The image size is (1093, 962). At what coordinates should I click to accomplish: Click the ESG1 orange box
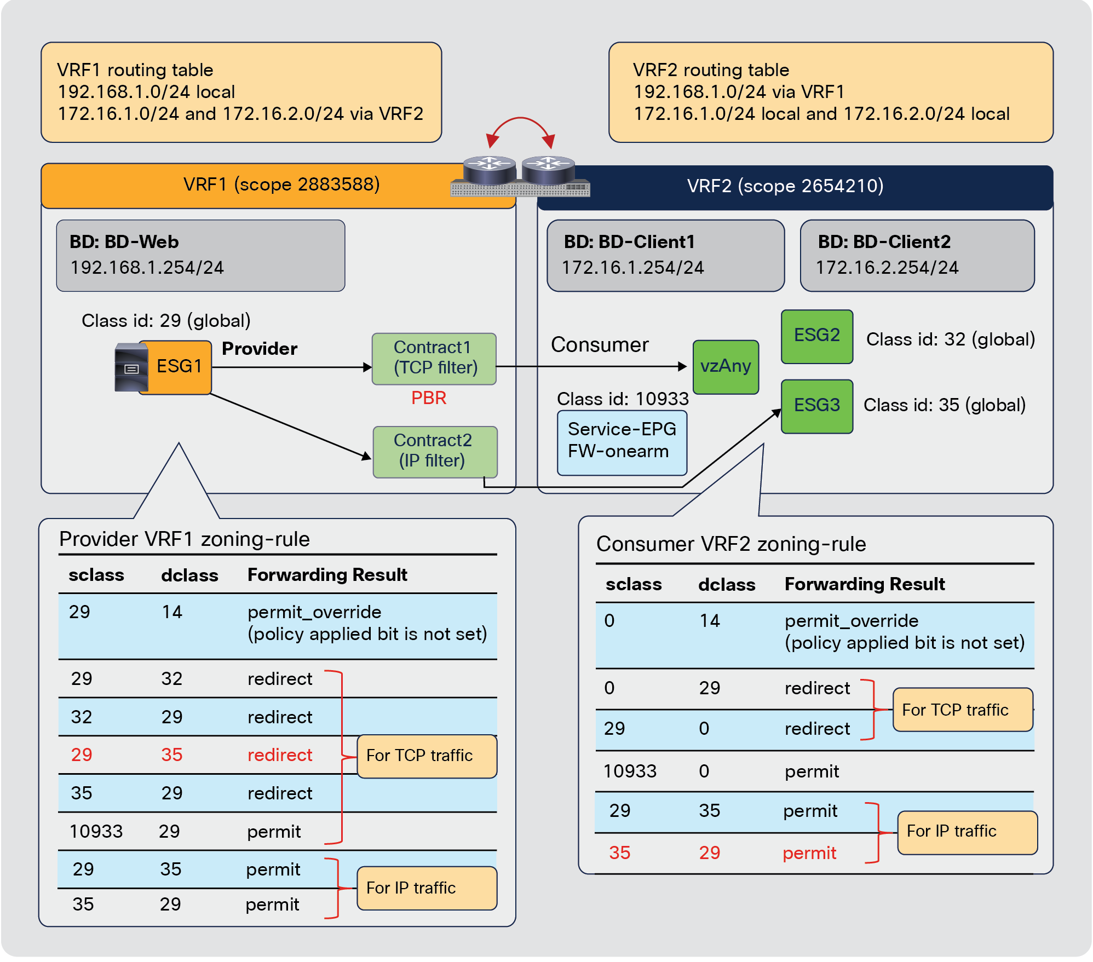point(179,367)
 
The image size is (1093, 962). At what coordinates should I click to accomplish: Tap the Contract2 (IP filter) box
point(435,452)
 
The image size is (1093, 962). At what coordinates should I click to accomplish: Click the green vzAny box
point(725,366)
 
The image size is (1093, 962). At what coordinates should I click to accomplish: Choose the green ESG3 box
point(816,406)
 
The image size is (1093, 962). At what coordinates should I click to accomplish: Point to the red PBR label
point(428,398)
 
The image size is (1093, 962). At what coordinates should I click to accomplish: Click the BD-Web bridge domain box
point(200,256)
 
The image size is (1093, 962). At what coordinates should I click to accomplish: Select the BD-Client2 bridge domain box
point(916,256)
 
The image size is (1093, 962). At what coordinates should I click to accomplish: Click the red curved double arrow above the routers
point(520,123)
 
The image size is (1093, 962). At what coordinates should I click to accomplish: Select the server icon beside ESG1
point(131,367)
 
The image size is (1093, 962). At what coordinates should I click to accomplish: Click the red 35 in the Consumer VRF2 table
point(619,852)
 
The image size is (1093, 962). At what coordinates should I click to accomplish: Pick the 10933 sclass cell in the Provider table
point(96,831)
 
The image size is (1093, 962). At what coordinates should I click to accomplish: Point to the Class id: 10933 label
point(622,399)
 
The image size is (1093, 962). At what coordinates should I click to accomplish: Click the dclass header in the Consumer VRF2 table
point(726,585)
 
